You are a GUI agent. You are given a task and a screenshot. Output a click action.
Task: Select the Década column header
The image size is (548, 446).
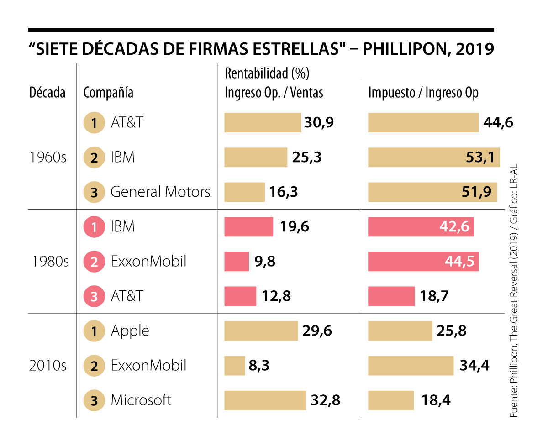[47, 93]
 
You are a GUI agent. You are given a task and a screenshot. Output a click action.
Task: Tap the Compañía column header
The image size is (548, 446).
[108, 93]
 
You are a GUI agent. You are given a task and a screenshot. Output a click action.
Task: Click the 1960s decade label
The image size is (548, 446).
[48, 157]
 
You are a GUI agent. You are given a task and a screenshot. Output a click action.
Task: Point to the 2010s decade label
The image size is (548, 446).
[48, 366]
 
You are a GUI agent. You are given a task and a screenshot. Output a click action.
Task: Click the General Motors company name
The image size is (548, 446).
[160, 192]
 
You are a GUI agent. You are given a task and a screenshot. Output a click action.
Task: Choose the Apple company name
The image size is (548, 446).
[130, 331]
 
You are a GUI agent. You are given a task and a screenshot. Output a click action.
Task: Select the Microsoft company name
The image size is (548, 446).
[141, 400]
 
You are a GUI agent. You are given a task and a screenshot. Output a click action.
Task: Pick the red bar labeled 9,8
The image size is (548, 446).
[237, 262]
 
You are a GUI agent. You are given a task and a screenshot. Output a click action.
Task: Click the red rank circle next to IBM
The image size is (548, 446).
[94, 227]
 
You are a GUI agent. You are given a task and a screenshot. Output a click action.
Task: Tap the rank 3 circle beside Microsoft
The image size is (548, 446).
[94, 400]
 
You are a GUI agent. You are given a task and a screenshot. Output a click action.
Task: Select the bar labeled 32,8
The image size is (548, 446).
[265, 400]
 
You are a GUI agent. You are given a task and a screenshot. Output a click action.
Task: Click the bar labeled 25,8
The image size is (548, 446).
[400, 331]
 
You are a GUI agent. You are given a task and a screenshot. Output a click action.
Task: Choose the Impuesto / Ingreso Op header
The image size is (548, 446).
[423, 93]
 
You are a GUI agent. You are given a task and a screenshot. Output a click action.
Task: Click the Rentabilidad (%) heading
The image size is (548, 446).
[267, 73]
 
